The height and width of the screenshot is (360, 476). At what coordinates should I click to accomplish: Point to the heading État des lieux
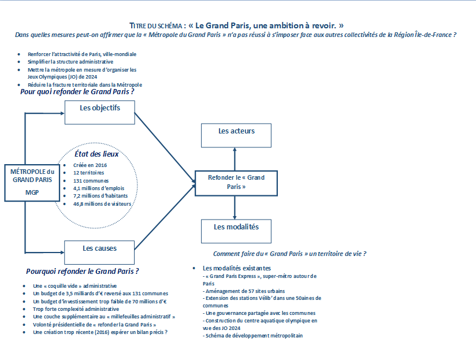96,154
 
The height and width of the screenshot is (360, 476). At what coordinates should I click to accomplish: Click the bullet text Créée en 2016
90,165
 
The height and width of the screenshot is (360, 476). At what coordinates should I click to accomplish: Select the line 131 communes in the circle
91,181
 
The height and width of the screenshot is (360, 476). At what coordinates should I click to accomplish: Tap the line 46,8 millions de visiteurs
102,204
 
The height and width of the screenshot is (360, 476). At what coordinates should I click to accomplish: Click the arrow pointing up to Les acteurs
235,159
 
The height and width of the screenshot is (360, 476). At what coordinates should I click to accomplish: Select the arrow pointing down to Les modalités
235,207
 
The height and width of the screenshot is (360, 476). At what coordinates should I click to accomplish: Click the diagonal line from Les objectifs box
165,147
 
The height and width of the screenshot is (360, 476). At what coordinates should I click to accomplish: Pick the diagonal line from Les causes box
165,217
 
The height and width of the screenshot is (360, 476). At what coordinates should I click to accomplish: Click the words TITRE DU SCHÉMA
155,26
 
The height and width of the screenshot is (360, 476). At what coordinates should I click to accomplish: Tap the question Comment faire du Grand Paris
289,254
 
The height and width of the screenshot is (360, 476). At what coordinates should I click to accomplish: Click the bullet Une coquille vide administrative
75,286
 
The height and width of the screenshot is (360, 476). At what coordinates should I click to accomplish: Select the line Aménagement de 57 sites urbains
244,291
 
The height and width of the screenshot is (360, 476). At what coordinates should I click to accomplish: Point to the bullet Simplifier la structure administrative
70,62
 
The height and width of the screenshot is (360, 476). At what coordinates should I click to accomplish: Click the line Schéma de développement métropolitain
253,336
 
